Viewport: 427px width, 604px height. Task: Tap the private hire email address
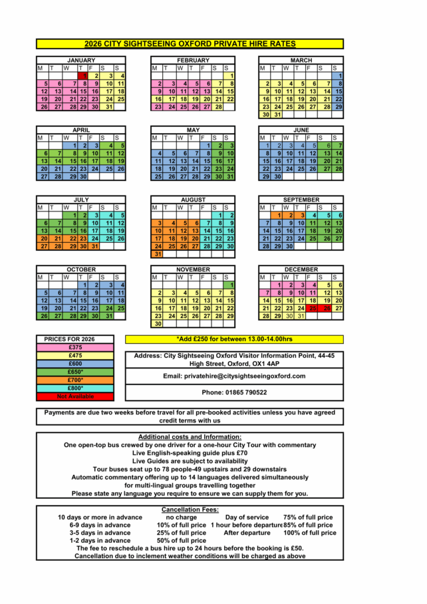pos(234,376)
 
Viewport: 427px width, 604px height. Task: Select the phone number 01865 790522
pos(234,392)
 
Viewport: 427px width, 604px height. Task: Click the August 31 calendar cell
pos(158,254)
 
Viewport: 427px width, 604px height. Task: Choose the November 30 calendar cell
pos(158,324)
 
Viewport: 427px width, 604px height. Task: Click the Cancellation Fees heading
pos(190,510)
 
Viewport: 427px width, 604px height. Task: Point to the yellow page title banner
pos(190,44)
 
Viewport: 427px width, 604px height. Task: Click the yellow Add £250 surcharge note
pos(234,339)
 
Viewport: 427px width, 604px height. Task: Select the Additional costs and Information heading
pos(190,436)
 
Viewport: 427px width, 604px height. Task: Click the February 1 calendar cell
pos(230,76)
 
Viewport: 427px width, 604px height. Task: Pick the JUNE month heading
pos(301,130)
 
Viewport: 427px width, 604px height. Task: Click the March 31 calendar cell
pos(277,114)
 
